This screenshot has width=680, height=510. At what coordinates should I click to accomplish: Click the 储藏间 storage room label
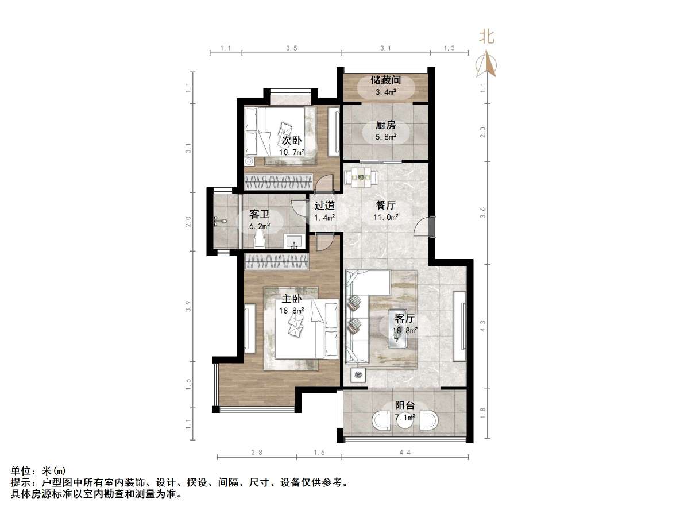coord(385,80)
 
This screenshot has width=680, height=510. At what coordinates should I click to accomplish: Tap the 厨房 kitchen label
coord(385,125)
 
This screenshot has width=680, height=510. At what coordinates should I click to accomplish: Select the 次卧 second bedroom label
coord(291,141)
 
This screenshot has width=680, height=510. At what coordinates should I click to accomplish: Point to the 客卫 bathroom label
coord(260,215)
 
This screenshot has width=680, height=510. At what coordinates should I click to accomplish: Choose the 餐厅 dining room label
coord(385,205)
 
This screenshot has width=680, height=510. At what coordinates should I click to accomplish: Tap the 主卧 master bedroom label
coord(291,299)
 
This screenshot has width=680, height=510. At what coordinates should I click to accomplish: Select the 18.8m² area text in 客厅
coord(405,330)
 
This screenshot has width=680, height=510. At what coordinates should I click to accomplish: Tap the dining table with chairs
coord(361,176)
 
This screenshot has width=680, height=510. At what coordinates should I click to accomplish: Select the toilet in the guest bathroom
coord(218,220)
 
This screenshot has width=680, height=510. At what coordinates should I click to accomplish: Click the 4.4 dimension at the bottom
coord(405,453)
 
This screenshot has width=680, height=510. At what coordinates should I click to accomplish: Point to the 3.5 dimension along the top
coord(291,49)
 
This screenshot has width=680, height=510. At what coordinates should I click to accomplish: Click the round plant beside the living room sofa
coord(358,375)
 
